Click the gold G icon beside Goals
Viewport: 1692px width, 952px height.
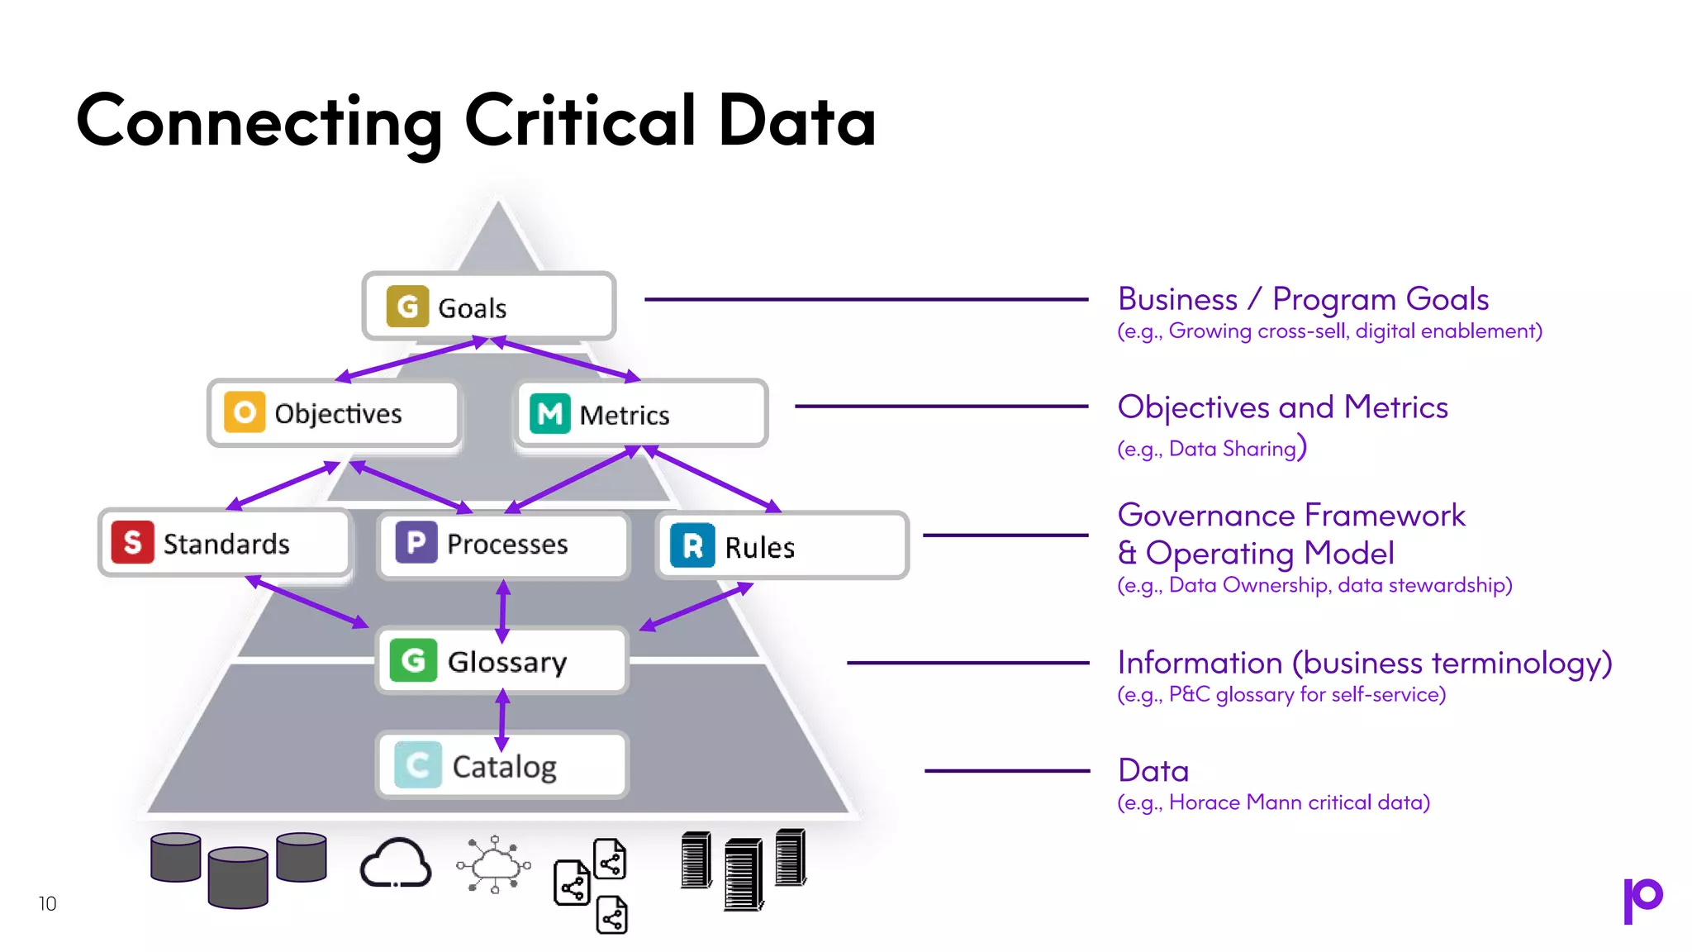click(407, 307)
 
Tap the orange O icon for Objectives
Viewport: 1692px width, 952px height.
click(245, 412)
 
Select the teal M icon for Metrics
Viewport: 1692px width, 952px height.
click(549, 413)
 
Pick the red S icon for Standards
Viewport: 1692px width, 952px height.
click(132, 542)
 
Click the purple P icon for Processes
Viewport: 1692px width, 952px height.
click(416, 542)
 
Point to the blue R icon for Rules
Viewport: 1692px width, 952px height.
click(692, 545)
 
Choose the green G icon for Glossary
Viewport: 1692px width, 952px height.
click(413, 660)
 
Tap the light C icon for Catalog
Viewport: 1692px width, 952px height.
click(417, 765)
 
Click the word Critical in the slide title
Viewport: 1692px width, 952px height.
click(580, 121)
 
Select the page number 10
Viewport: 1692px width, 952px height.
click(48, 903)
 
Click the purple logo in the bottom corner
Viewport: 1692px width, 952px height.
click(1642, 900)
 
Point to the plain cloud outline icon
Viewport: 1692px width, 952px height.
click(396, 863)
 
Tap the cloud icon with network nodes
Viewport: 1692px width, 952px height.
click(494, 864)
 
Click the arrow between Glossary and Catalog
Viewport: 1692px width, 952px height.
click(502, 720)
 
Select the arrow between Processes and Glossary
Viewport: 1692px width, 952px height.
click(503, 612)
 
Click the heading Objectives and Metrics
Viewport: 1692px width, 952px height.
click(1282, 407)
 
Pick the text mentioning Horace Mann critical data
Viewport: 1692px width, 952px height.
click(1273, 802)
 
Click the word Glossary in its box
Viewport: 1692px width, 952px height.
click(507, 662)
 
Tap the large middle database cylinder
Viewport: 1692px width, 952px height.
click(238, 877)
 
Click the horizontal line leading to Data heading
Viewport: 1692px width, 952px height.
click(1007, 770)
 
